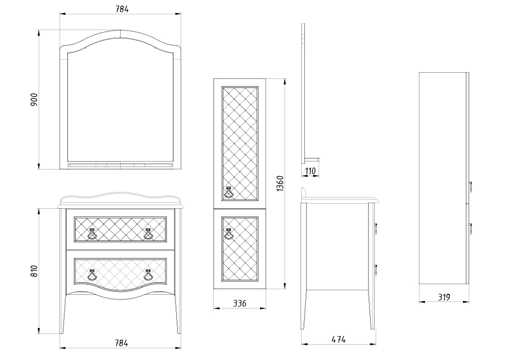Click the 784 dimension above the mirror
[x=122, y=9]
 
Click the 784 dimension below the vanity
[x=122, y=343]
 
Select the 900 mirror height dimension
[x=35, y=100]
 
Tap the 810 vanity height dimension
[x=35, y=271]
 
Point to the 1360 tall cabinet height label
[x=280, y=183]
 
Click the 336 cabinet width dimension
[x=240, y=303]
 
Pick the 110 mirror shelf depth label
[x=310, y=171]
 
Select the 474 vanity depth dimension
[x=338, y=339]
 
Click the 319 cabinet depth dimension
[x=444, y=297]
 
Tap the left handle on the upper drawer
[x=92, y=234]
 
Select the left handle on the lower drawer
[x=92, y=274]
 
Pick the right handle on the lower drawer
[x=148, y=274]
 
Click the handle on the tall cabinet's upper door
[x=229, y=192]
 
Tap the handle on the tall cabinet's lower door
[x=229, y=234]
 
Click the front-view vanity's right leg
[x=178, y=313]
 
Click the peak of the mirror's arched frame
[x=121, y=30]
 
